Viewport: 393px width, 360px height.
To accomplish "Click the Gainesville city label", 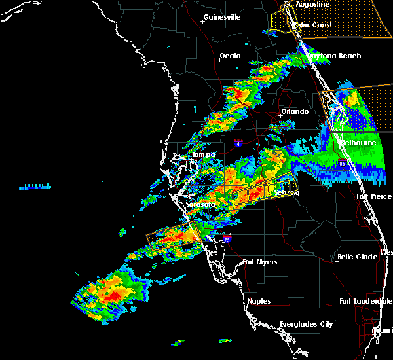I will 222,17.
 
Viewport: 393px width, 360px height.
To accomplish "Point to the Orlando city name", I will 295,111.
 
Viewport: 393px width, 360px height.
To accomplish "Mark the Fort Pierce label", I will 375,196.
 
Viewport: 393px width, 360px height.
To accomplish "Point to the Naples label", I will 259,301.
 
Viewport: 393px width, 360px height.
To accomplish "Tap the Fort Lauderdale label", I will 365,301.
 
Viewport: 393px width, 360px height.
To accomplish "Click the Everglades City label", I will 306,324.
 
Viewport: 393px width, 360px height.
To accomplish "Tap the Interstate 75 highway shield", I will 227,239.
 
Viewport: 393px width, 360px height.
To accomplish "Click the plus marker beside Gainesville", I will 202,21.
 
